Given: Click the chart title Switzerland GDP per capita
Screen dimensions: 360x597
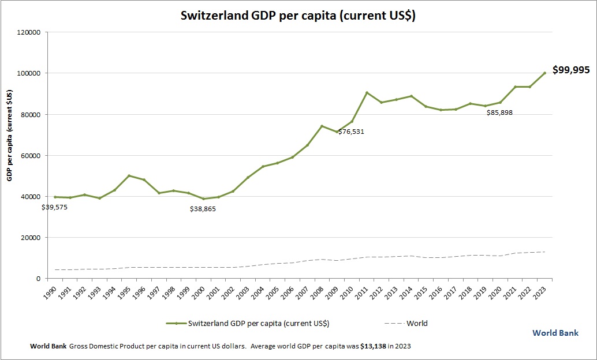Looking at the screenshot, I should (298, 16).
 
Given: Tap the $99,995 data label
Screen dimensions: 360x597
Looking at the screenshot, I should (570, 70).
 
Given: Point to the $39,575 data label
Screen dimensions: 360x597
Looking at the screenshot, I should (55, 207).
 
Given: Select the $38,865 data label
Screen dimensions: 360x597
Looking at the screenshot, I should (203, 209).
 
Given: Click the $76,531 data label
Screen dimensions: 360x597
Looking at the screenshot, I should (351, 132).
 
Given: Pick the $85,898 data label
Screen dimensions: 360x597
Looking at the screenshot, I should (499, 112).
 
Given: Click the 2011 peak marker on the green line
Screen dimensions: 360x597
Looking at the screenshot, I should (367, 92).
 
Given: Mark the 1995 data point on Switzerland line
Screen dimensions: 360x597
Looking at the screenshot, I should (129, 175).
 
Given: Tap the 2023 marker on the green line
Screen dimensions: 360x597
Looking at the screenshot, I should (544, 73).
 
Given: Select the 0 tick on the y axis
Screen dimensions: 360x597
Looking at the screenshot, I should (37, 279).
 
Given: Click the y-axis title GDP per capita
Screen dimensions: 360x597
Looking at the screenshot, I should (10, 136).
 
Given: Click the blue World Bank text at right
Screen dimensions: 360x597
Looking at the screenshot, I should (555, 333).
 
